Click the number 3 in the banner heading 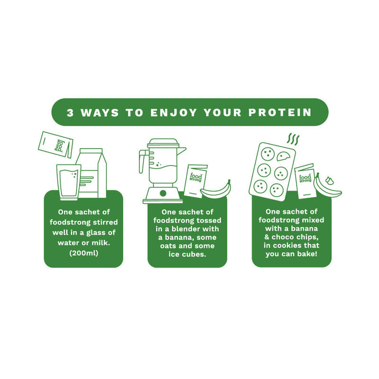[70, 113]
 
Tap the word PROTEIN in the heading [280, 113]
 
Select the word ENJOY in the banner [173, 113]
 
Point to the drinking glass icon [69, 182]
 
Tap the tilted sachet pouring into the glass [55, 144]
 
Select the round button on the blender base [163, 193]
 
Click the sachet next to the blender [195, 181]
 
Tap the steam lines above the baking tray [293, 139]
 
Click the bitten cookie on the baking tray [283, 156]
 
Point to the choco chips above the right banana [329, 180]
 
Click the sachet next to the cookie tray [305, 181]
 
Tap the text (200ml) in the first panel [84, 253]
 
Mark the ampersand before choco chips [267, 237]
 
